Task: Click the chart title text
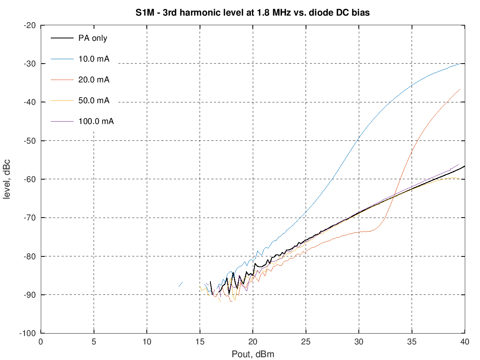click(252, 12)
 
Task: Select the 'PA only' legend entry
click(92, 38)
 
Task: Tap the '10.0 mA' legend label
click(94, 59)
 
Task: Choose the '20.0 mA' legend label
click(94, 80)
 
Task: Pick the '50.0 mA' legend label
click(94, 100)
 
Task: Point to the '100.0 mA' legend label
click(96, 121)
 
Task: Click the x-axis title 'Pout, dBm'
click(252, 354)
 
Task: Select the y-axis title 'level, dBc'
click(7, 179)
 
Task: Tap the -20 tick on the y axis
click(30, 26)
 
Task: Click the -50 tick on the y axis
click(30, 141)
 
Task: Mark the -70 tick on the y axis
click(30, 218)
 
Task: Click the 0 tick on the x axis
click(41, 342)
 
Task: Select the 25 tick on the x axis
click(306, 342)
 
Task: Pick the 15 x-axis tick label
click(200, 342)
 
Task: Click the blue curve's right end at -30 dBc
click(463, 64)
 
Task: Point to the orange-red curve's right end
click(460, 89)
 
